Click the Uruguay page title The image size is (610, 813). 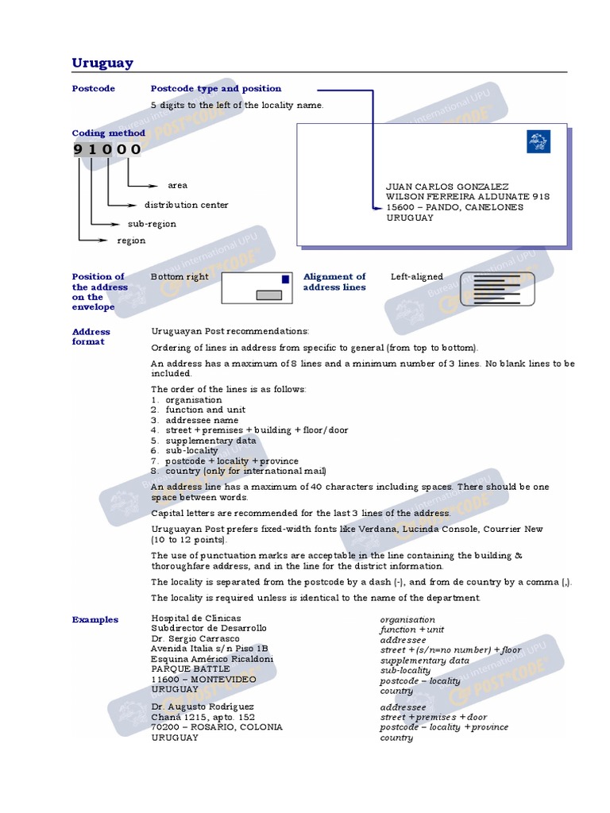[102, 64]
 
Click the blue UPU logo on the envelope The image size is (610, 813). [538, 142]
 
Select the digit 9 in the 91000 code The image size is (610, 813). [79, 149]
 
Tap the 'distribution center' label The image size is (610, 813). [186, 205]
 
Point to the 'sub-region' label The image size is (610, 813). [152, 224]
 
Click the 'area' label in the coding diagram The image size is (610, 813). [177, 185]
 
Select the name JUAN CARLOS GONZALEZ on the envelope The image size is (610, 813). [447, 187]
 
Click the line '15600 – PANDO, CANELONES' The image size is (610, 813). [454, 207]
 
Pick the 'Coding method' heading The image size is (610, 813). [109, 133]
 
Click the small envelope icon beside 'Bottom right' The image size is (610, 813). [257, 287]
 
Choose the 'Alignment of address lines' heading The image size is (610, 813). [334, 282]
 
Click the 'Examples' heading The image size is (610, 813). [95, 620]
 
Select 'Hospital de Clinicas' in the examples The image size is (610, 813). [196, 618]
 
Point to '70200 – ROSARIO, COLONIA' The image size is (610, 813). [216, 726]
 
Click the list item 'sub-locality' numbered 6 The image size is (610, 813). [184, 450]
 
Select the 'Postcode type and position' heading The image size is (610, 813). [216, 89]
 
